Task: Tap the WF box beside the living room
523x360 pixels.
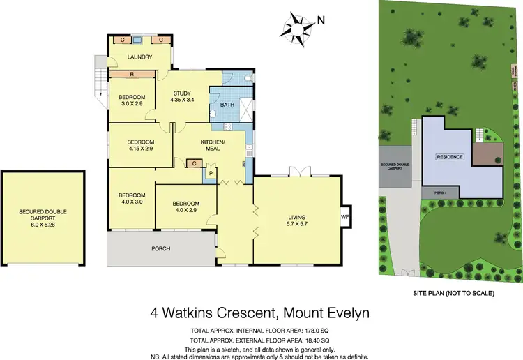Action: click(344, 217)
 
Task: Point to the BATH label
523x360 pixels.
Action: click(227, 105)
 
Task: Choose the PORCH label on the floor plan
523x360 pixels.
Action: click(161, 248)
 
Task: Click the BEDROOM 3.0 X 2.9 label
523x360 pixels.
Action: click(131, 100)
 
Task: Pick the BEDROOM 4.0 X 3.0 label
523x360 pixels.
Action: click(131, 198)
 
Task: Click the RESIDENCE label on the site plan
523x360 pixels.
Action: click(450, 157)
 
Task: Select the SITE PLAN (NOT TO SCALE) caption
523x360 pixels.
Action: click(453, 294)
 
